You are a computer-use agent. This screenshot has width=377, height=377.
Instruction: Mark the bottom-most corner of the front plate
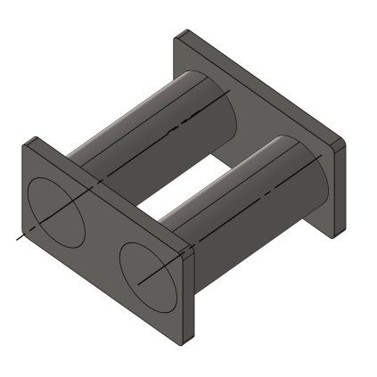coord(184,344)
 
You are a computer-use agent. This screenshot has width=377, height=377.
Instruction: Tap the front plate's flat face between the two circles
coord(102,245)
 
